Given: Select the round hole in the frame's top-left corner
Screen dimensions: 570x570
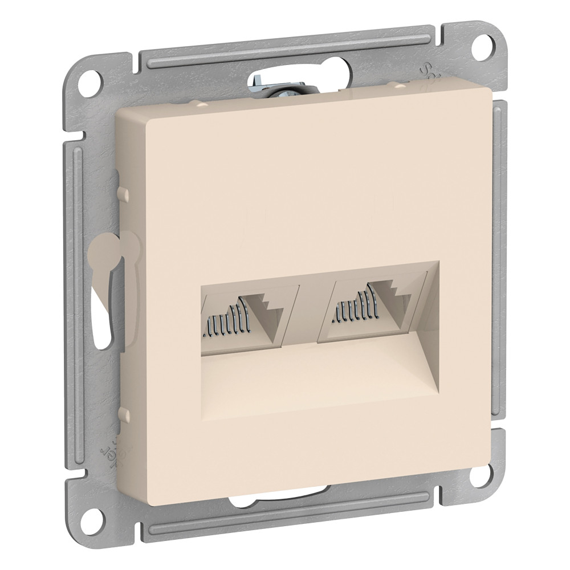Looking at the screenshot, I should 91,81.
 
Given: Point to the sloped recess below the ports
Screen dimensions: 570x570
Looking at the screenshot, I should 319,376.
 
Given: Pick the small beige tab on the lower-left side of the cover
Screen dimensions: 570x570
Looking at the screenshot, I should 121,412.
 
